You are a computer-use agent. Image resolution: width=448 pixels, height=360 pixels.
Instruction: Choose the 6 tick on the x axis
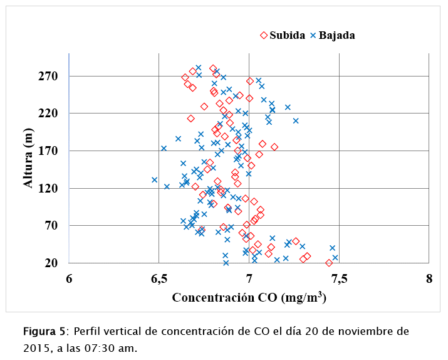pos(69,278)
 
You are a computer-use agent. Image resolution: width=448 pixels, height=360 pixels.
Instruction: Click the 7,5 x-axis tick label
pos(339,278)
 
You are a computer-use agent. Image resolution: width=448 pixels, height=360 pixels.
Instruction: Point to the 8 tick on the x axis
pos(429,278)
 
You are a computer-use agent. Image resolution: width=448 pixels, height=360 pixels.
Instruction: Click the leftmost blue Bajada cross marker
pos(154,180)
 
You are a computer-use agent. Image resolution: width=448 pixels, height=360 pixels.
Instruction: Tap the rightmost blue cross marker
pos(335,258)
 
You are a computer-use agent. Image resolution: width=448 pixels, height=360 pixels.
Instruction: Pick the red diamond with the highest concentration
pos(329,263)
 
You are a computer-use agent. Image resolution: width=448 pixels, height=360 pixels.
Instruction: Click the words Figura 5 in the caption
pos(44,331)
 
